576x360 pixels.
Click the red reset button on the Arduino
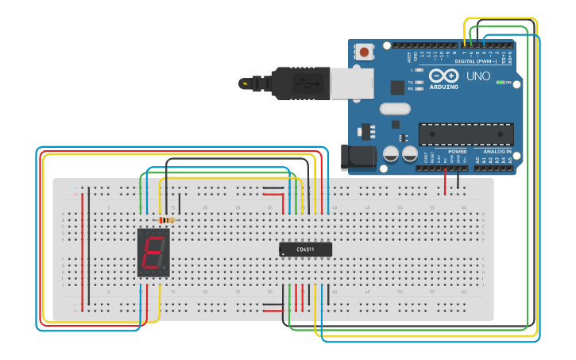pyautogui.click(x=365, y=52)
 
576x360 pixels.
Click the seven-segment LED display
pyautogui.click(x=153, y=252)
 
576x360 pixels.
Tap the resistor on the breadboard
pyautogui.click(x=168, y=220)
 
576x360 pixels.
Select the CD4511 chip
pyautogui.click(x=305, y=250)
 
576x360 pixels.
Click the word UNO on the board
pyautogui.click(x=477, y=77)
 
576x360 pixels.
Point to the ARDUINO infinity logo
pyautogui.click(x=443, y=76)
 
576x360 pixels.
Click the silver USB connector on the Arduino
pyautogui.click(x=351, y=83)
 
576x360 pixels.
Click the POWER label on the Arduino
pyautogui.click(x=458, y=151)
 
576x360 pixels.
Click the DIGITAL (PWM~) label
pyautogui.click(x=475, y=61)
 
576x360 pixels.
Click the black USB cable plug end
pyautogui.click(x=294, y=83)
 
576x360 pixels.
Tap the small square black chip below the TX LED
pyautogui.click(x=397, y=88)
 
